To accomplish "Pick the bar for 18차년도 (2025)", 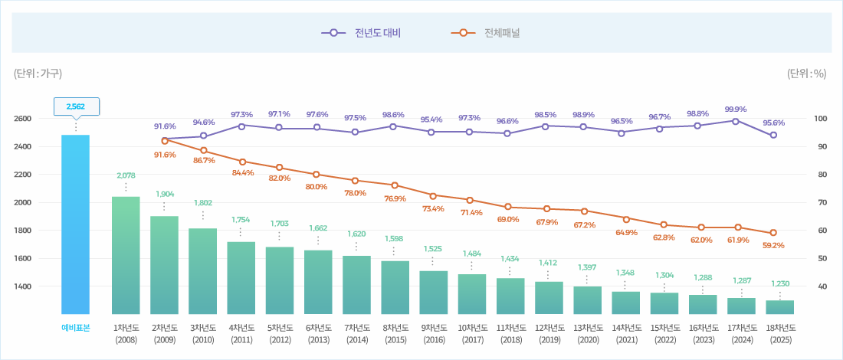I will point(780,307).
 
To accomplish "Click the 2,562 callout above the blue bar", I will point(76,106).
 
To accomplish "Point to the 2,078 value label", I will point(126,175).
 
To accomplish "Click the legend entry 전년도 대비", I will point(362,33).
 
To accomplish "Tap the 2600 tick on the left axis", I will point(22,119).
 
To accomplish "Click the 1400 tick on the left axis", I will point(22,286).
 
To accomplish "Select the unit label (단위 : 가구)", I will point(38,74).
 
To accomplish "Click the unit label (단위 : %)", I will point(806,74).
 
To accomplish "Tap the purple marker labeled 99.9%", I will point(735,121).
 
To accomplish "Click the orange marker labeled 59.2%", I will point(773,233).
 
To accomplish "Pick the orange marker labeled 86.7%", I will point(203,150).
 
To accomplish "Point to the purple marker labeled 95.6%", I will point(773,135).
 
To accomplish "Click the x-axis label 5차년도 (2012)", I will point(280,333).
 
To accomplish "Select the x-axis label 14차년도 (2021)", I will point(626,333).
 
